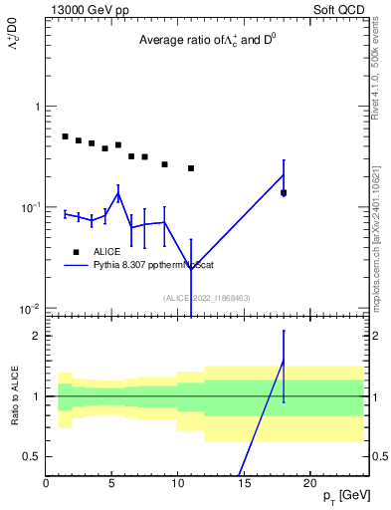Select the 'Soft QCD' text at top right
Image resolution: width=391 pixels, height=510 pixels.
point(336,9)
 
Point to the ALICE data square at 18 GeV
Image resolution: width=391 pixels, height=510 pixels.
point(284,192)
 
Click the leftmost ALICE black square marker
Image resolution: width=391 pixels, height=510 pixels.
point(66,136)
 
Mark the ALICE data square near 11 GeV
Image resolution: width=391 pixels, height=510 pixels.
point(191,168)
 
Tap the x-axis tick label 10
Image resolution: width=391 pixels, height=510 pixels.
point(178,483)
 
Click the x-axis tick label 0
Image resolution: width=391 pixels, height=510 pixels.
point(46,483)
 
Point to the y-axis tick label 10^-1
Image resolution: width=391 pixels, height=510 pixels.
point(30,207)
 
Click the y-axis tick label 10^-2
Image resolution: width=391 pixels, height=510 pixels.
point(30,309)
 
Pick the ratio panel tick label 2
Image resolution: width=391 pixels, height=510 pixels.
point(36,336)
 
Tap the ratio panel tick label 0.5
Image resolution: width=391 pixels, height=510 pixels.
point(32,456)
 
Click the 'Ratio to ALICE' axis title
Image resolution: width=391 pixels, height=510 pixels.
point(15,396)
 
